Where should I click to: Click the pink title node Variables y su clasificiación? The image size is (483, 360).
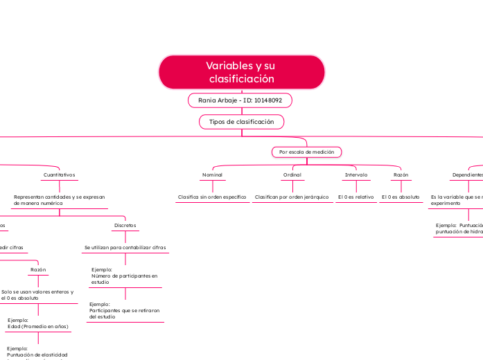tap(241, 73)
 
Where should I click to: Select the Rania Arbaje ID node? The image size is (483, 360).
tap(240, 101)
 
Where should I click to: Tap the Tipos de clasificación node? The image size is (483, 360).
tap(241, 122)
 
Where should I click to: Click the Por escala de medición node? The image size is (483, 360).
tap(306, 152)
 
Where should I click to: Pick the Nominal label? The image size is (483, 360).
tap(212, 175)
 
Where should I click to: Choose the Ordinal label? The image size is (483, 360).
tap(292, 175)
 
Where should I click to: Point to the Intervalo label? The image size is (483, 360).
tap(356, 175)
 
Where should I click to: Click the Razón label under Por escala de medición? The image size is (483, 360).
tap(401, 175)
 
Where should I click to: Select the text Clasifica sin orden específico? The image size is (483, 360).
tap(212, 197)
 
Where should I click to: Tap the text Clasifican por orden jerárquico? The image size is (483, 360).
tap(292, 197)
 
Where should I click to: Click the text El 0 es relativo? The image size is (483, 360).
tap(355, 197)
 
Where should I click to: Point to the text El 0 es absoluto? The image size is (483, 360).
tap(401, 197)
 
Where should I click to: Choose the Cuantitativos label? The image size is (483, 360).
tap(59, 175)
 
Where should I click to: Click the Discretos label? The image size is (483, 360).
tap(125, 226)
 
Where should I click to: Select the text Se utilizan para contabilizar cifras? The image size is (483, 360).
tap(125, 248)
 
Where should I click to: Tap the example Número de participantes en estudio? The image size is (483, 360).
tap(125, 276)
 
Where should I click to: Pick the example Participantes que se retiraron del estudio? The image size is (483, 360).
tap(125, 310)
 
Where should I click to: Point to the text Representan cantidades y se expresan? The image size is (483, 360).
tap(60, 197)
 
